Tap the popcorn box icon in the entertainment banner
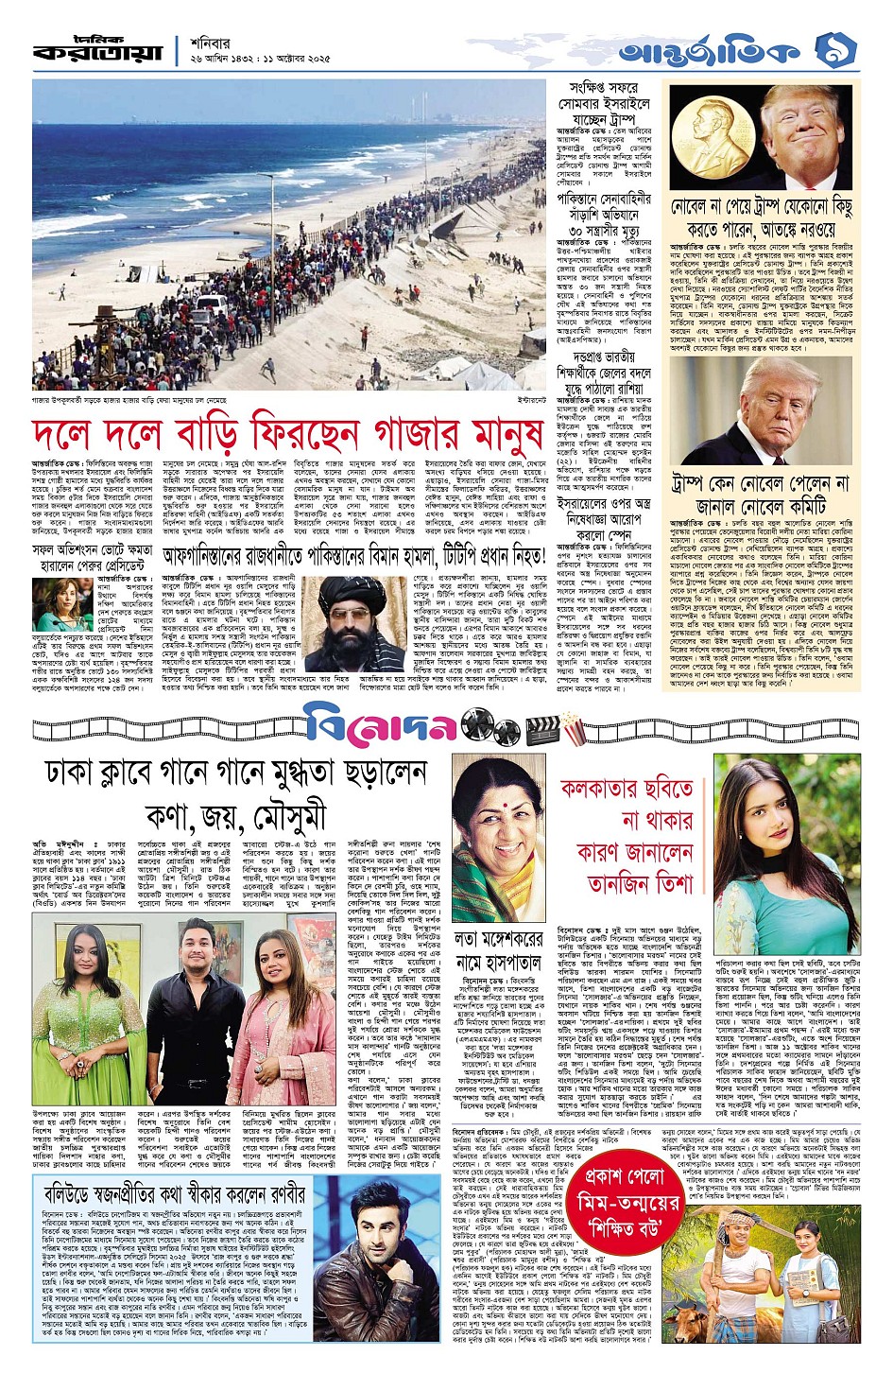pyautogui.click(x=573, y=726)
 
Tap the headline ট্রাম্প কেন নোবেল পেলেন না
pyautogui.click(x=761, y=494)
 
